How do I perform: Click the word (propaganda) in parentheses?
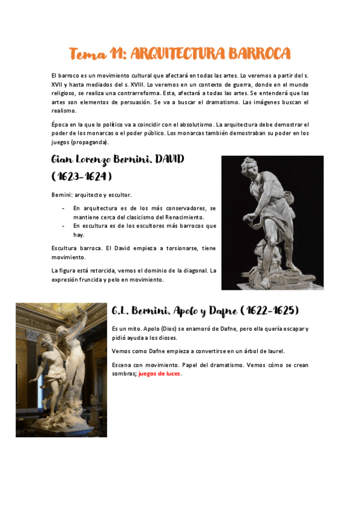tap(90, 143)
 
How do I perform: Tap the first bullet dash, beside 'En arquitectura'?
tap(64, 208)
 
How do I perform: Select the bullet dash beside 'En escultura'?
tap(64, 226)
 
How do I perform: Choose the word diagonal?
tap(194, 271)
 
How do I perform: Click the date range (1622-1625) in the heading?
tap(270, 311)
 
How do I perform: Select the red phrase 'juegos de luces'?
tap(160, 373)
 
